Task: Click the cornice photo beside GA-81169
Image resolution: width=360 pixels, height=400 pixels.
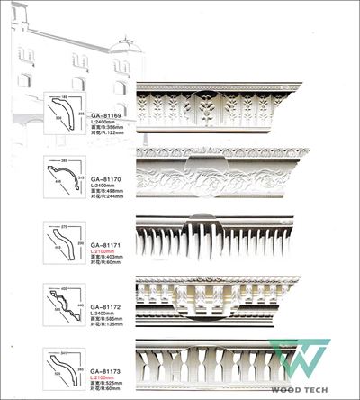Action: [218, 106]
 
